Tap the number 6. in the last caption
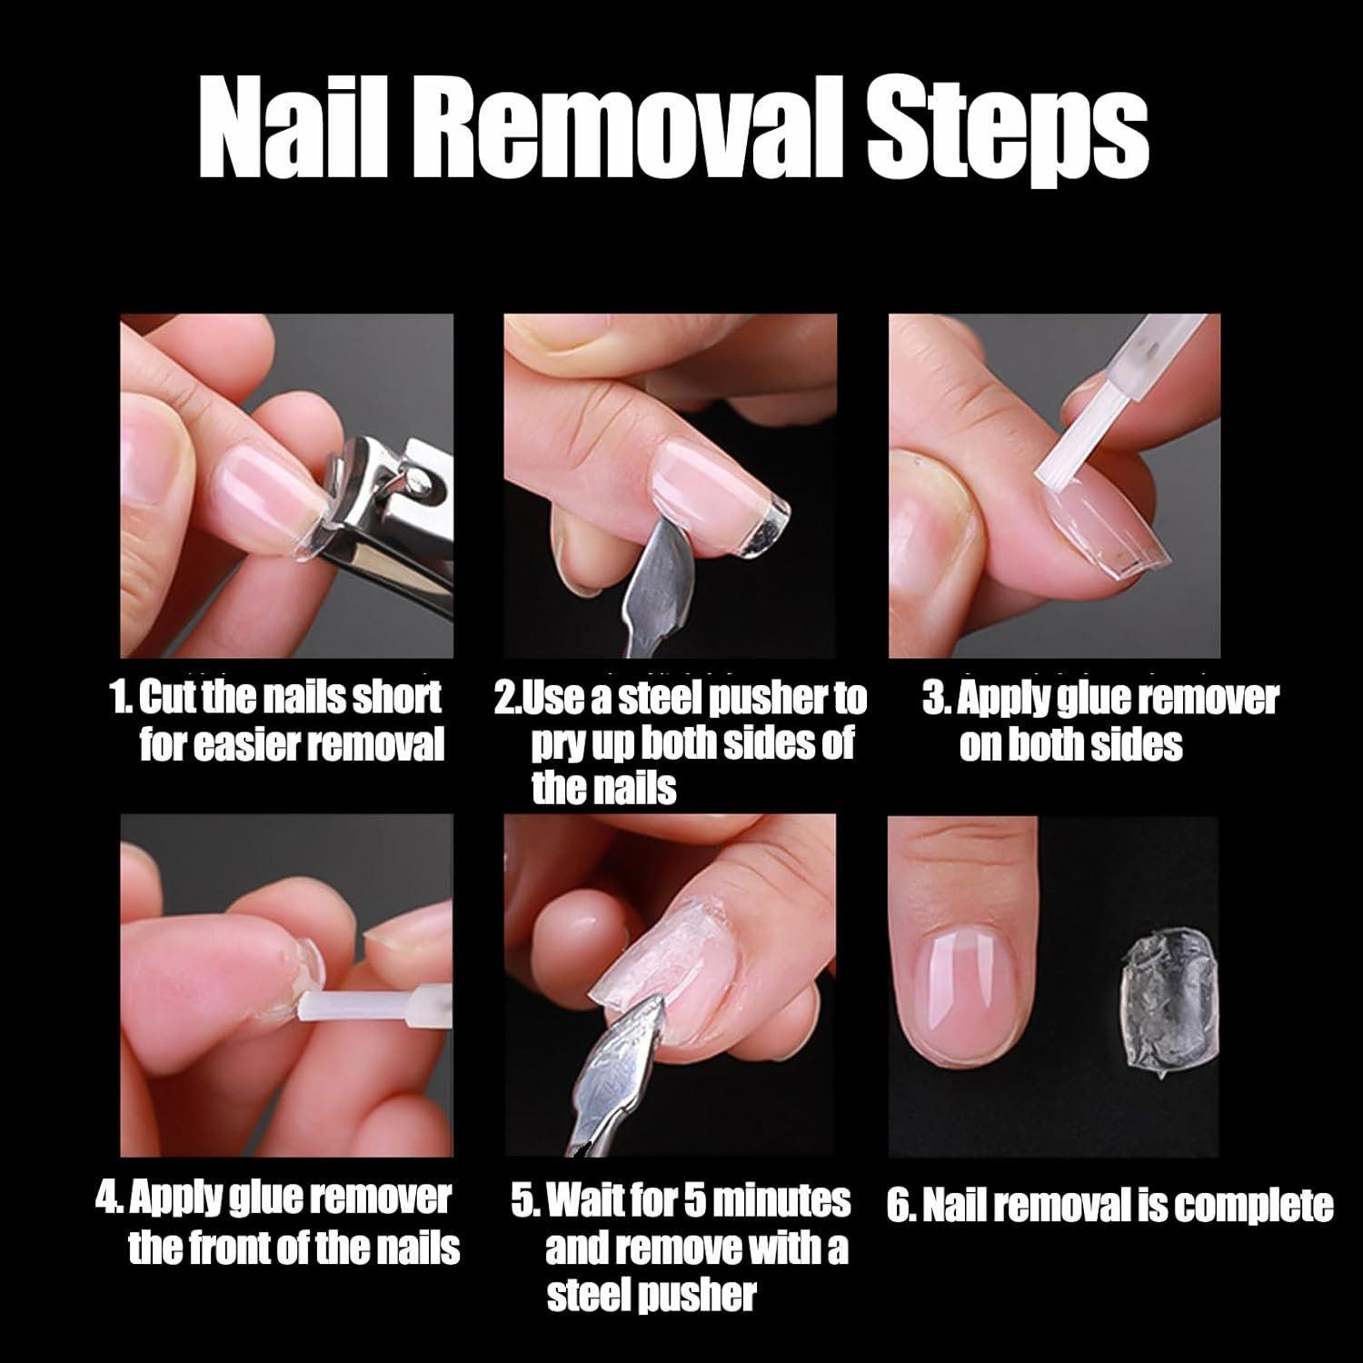[899, 1207]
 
